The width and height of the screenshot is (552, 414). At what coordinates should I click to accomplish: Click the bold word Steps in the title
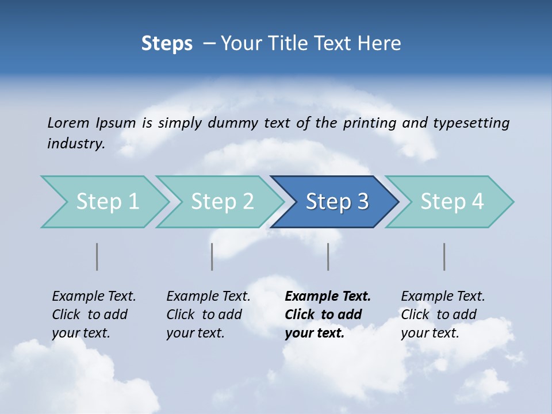(x=167, y=44)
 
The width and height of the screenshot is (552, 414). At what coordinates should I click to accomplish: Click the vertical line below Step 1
(x=97, y=256)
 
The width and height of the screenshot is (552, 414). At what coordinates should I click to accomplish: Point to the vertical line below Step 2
(x=212, y=256)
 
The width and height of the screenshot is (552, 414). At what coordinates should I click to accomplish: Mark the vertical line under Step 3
(x=328, y=256)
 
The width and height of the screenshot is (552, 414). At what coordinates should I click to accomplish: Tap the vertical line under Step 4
(x=444, y=256)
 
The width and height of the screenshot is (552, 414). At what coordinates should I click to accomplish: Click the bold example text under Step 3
(x=327, y=315)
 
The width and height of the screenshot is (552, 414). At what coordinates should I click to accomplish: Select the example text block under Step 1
(x=94, y=315)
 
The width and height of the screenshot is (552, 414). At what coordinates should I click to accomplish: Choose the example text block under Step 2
(x=208, y=315)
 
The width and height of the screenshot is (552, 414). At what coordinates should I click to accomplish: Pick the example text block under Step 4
(x=443, y=315)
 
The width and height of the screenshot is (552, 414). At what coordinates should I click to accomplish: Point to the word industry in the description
(x=76, y=144)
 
